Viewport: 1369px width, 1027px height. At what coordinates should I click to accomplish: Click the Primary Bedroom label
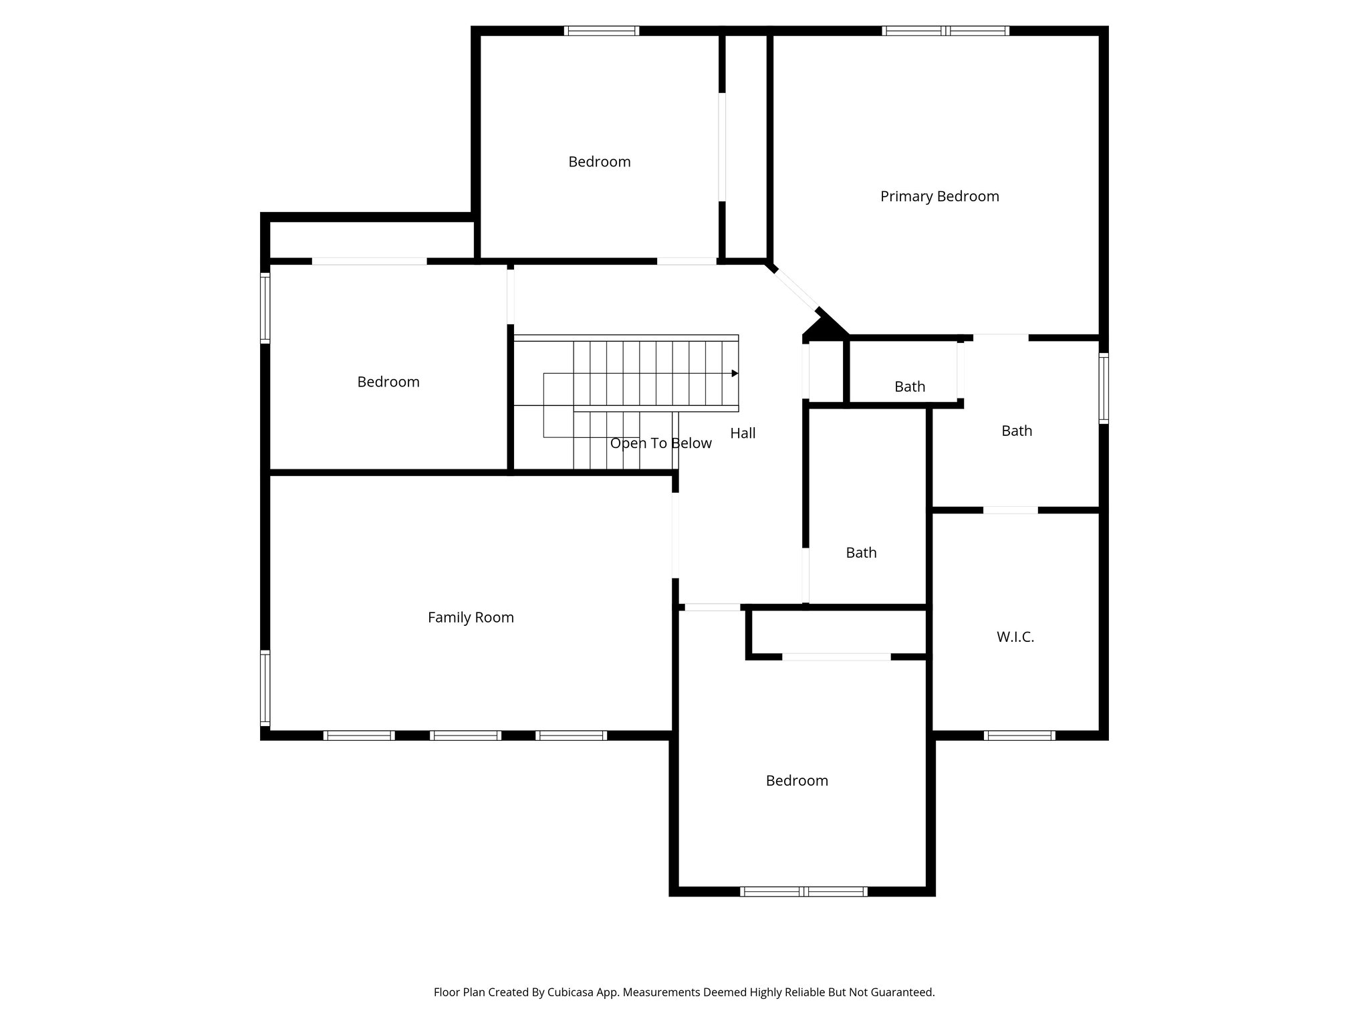[939, 197]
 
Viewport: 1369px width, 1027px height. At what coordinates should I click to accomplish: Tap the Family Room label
[471, 618]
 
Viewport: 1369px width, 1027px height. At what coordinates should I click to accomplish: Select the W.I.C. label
[1015, 637]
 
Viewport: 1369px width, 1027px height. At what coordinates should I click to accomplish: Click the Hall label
[743, 433]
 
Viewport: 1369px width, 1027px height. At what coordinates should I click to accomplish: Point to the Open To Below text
[660, 443]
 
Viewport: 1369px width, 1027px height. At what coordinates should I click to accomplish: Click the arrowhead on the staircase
[735, 373]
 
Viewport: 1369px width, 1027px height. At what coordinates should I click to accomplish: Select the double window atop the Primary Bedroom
[945, 31]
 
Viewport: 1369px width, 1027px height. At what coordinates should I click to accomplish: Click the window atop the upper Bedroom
[602, 31]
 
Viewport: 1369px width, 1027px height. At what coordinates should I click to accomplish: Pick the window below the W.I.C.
[1019, 735]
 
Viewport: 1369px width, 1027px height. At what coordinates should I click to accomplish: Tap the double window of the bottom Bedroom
[803, 891]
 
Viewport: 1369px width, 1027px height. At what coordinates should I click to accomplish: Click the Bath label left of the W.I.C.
[861, 553]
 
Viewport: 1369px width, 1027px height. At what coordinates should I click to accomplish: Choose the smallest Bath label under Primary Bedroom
[910, 386]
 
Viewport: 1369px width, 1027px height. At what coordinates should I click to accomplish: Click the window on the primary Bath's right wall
[1104, 388]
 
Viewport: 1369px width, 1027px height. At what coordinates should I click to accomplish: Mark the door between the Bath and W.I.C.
[1010, 510]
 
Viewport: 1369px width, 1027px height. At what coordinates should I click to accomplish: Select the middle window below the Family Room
[465, 735]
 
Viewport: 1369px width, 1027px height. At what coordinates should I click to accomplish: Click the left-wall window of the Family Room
[265, 688]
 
